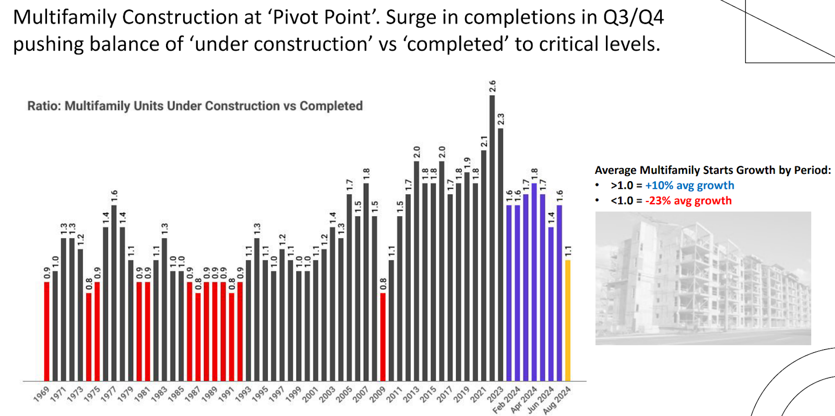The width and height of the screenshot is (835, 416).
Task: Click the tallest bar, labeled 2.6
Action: point(492,237)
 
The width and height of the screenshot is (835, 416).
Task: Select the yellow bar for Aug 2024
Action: point(568,320)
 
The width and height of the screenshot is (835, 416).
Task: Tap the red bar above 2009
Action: point(383,337)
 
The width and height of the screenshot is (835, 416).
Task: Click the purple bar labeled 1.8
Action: point(534,282)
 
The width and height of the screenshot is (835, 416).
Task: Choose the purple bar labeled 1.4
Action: point(551,304)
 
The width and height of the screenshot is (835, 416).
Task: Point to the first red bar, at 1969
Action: point(47,331)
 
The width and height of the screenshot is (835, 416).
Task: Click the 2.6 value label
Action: point(492,86)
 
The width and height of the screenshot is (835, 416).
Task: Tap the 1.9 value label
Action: point(467,163)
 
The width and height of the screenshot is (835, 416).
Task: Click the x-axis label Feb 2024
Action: point(506,400)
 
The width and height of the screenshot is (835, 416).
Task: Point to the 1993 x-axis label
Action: point(243,395)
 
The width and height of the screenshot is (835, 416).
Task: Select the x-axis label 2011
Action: point(394,395)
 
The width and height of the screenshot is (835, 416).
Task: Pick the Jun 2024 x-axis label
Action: point(540,400)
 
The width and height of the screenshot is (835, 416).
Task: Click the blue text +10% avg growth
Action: point(689,185)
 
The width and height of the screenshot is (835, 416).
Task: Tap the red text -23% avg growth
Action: point(688,200)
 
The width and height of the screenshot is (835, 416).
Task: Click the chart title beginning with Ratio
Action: point(195,106)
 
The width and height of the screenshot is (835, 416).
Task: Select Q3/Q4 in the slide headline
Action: point(634,17)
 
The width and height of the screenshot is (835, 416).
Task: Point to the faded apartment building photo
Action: point(703,278)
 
